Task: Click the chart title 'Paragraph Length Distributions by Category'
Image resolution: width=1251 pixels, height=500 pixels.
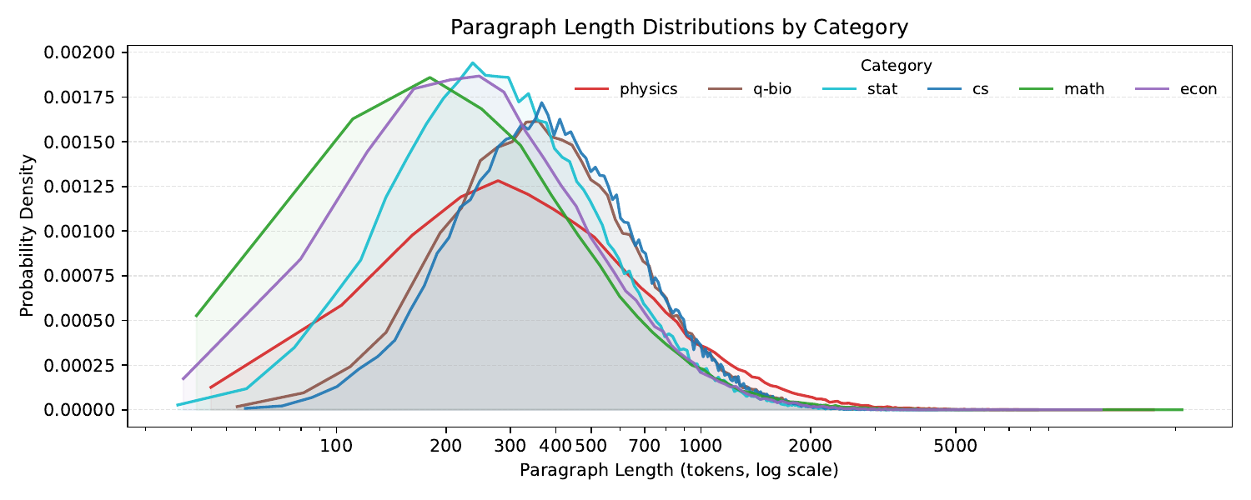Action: click(679, 27)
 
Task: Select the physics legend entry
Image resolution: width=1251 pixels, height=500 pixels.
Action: click(626, 89)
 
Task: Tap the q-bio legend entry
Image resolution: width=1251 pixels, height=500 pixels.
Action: click(750, 89)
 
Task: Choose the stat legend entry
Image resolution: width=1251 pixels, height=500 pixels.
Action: click(860, 89)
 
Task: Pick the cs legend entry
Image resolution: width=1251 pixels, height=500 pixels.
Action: click(958, 89)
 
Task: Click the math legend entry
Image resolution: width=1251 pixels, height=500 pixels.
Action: click(1062, 89)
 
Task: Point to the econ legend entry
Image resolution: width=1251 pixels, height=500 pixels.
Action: click(1176, 89)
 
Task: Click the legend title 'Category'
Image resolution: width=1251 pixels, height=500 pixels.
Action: click(896, 66)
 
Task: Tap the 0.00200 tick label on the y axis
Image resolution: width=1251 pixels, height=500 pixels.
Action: click(78, 52)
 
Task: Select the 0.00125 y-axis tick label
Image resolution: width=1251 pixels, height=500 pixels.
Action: click(78, 187)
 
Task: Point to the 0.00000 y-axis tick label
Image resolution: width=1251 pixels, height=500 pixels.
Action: click(78, 410)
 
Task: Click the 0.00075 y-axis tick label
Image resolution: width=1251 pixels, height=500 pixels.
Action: click(78, 276)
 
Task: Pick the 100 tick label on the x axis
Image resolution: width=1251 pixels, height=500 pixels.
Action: click(336, 446)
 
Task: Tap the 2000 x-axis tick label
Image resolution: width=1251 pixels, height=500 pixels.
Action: click(811, 446)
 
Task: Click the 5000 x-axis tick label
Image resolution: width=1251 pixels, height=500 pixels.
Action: click(956, 446)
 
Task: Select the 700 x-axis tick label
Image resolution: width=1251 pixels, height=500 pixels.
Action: click(645, 446)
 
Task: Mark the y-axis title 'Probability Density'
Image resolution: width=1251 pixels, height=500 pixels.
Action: click(27, 236)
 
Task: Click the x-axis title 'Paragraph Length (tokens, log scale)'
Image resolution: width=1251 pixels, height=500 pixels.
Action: click(679, 471)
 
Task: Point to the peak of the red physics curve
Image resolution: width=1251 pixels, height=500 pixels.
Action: click(498, 180)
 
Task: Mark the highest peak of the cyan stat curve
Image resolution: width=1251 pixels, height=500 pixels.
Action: click(473, 62)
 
